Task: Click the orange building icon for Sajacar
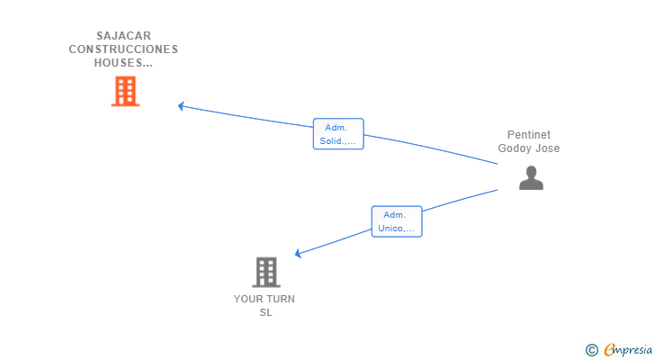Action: [125, 91]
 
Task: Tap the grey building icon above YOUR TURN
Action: [265, 272]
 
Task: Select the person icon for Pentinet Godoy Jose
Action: [531, 177]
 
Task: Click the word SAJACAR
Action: [123, 36]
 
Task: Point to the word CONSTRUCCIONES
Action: [123, 49]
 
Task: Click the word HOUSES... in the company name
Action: [123, 63]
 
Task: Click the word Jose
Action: [548, 148]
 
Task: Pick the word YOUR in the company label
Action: [248, 299]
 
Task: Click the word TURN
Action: [281, 299]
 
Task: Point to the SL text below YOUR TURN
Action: [265, 312]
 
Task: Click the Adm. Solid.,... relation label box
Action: [338, 134]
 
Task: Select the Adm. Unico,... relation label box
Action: [397, 221]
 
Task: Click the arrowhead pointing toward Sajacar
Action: [181, 106]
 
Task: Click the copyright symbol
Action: [591, 350]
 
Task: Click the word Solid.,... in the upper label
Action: [338, 141]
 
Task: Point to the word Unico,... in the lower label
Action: [397, 229]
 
